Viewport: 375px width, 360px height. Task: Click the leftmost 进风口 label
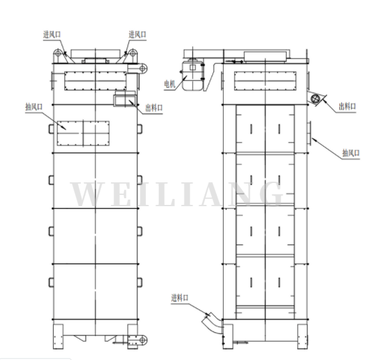coord(52,34)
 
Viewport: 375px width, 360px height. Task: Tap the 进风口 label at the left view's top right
coord(137,34)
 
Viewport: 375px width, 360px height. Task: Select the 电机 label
coord(170,84)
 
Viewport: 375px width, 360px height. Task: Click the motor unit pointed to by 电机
coord(192,76)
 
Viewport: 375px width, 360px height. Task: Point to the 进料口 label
coord(180,298)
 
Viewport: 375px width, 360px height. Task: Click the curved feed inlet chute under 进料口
coord(212,323)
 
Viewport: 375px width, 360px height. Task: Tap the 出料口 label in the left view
coord(154,108)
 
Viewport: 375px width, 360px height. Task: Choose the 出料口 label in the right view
coord(347,107)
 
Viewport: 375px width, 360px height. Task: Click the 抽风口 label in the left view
coord(34,107)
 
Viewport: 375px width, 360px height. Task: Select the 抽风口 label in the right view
coord(351,153)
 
